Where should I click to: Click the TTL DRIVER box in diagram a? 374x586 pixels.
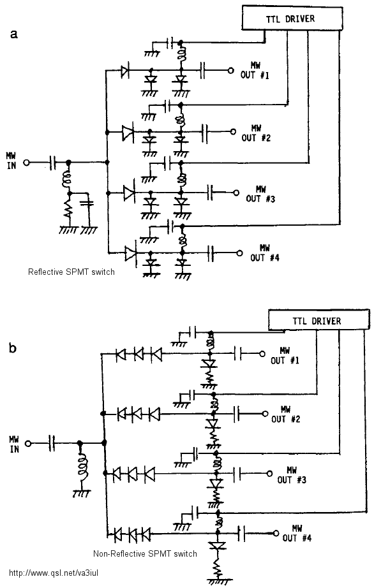pos(292,18)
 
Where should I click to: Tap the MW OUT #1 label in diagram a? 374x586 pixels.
pos(255,71)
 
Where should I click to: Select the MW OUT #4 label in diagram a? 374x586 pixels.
pos(265,253)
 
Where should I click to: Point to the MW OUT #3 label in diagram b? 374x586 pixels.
pos(292,475)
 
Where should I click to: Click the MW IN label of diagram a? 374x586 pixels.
pos(11,161)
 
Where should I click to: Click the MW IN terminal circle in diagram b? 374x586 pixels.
pos(28,443)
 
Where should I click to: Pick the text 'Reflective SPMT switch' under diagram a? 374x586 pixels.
pos(71,272)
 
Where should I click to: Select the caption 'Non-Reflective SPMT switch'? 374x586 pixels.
pos(145,553)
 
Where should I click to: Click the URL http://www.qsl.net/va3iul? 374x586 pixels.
pos(54,573)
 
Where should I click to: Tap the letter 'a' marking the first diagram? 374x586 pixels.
pos(14,34)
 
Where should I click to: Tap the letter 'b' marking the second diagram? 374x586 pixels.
pos(13,348)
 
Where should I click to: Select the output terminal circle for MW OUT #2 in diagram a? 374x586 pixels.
pos(234,131)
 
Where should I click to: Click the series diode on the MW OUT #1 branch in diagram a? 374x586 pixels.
pos(125,70)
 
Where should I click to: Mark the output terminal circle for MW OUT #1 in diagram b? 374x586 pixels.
pos(262,353)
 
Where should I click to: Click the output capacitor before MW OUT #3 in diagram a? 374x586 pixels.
pos(211,193)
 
